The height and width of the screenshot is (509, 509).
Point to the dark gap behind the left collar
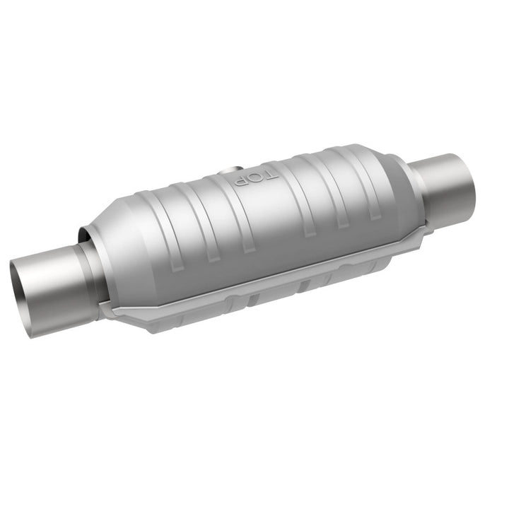(83, 236)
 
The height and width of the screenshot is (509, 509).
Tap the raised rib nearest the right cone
(368, 187)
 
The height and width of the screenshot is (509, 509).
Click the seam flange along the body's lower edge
(269, 272)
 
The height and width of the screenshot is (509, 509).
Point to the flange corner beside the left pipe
(106, 309)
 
